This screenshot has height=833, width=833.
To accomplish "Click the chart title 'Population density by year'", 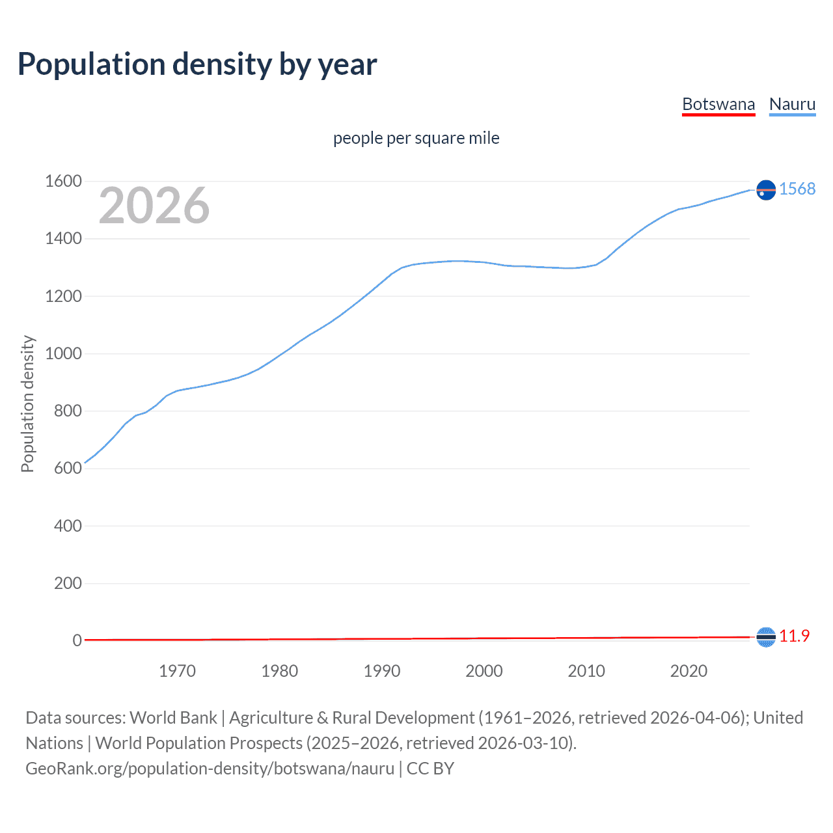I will tap(197, 64).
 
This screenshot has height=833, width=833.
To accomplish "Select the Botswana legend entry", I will tap(718, 104).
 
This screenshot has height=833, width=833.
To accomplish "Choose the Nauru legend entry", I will tap(792, 104).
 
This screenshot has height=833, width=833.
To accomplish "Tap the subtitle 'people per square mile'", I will tap(416, 138).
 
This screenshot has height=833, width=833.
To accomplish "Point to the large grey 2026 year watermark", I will tap(154, 206).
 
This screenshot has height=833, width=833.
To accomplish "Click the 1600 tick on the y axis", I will tap(63, 181).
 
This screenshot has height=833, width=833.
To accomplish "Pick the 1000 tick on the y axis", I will tap(63, 353).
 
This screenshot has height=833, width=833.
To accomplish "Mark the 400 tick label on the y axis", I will tap(68, 526).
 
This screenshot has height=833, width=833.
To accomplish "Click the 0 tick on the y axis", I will tap(77, 640).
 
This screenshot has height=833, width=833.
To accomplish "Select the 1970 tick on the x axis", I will tap(177, 671).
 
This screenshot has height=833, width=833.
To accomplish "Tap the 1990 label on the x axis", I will tap(382, 671).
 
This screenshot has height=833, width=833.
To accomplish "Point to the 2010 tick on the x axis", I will tap(586, 671).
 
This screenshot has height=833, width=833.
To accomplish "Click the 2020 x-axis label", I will tap(689, 671).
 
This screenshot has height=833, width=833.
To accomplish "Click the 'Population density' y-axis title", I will tap(27, 403).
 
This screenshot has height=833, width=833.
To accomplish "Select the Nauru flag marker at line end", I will tap(766, 189).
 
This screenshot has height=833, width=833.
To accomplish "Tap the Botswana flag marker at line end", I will tap(766, 637).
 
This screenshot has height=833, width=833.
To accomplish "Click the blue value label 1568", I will tap(797, 189).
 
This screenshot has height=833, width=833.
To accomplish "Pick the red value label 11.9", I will tap(795, 636).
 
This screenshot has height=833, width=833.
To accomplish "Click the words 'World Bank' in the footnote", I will tap(173, 718).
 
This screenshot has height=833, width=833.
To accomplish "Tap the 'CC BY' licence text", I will tap(430, 769).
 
